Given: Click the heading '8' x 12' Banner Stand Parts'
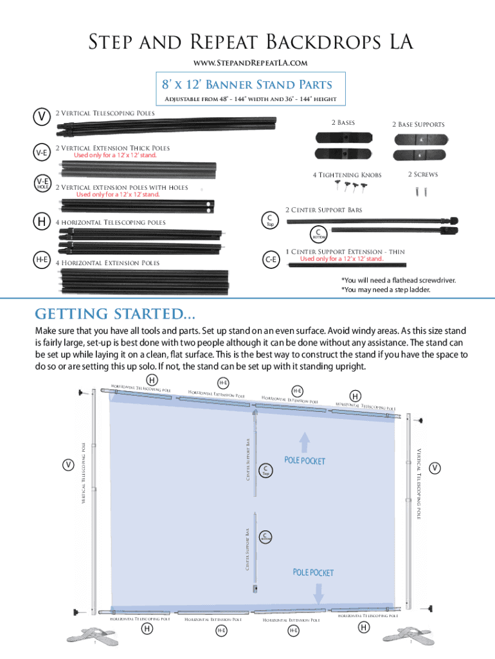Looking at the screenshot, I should (x=248, y=85).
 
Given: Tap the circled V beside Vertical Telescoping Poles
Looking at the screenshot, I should (x=42, y=116).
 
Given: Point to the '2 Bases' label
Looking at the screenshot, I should (x=343, y=122).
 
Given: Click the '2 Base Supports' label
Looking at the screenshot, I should (x=419, y=124).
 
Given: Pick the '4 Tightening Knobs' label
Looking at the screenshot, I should (x=346, y=175).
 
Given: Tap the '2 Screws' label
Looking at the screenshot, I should (x=422, y=174).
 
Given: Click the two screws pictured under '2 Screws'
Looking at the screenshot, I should (x=420, y=190).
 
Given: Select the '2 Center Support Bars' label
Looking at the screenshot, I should (x=323, y=210).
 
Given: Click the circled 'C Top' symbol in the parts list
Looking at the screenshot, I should (x=271, y=221).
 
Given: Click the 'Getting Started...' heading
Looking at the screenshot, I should (x=115, y=314).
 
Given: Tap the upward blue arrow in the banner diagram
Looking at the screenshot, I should (x=305, y=442).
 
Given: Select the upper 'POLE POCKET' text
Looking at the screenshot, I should (x=305, y=461).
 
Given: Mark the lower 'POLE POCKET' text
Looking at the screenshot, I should (x=313, y=572).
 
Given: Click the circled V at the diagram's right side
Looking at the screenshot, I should (x=436, y=467).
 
